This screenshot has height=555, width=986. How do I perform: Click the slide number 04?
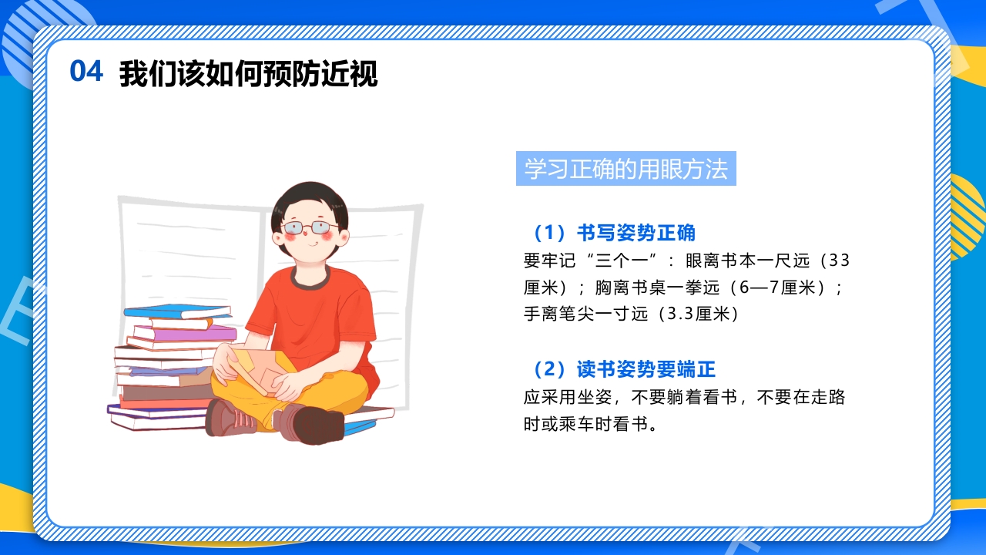click(x=86, y=72)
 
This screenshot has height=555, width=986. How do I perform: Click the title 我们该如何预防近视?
click(x=248, y=74)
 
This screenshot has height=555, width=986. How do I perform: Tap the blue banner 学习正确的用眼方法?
click(x=625, y=169)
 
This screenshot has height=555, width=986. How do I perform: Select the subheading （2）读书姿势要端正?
click(x=619, y=370)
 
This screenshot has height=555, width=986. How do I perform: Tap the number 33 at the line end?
click(x=840, y=261)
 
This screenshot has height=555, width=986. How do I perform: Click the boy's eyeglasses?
click(x=310, y=227)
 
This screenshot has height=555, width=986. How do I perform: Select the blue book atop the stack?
click(x=177, y=311)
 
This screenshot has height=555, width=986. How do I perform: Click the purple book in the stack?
click(x=185, y=333)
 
